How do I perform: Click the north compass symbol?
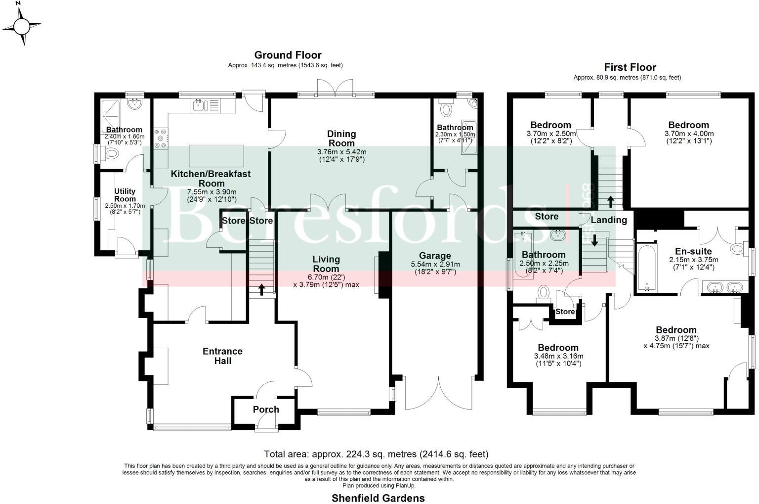22,25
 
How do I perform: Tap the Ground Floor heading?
288,55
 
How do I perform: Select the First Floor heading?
630,68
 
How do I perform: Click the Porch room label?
266,410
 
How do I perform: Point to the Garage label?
435,256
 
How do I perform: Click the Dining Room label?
341,138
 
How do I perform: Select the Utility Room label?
125,195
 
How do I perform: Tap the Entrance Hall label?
223,356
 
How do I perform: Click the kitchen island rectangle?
216,156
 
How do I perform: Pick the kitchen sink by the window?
199,105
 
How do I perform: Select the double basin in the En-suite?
723,287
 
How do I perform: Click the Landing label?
609,220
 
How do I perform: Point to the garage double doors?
438,394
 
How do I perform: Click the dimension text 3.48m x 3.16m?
558,356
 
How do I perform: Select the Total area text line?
376,454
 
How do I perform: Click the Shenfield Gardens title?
378,498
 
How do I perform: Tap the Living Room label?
326,264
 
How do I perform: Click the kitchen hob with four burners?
161,138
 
